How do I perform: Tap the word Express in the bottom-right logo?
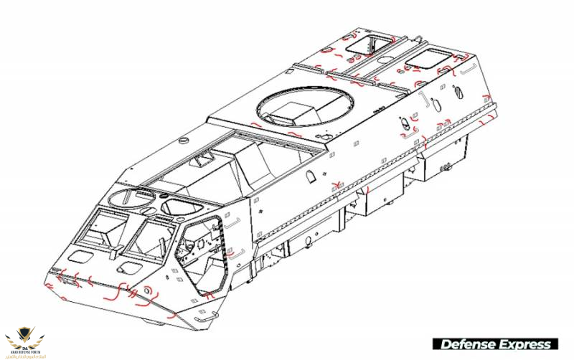coord(525,344)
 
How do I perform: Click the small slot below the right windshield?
coord(128,267)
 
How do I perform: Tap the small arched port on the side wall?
coord(311,176)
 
